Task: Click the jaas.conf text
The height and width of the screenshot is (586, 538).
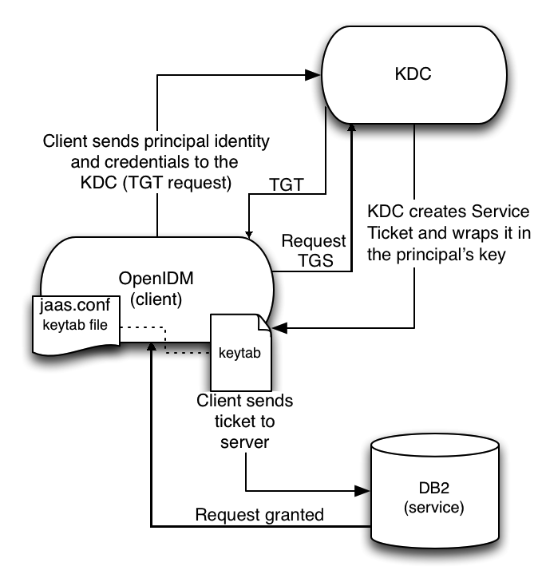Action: (77, 307)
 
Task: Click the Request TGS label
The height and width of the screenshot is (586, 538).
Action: (314, 250)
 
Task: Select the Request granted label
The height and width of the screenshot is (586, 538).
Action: (259, 515)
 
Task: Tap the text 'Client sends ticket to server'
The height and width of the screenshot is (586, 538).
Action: (247, 420)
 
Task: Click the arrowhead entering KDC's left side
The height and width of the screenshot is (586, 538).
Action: (312, 76)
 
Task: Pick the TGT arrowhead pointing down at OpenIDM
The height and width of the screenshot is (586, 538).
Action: (250, 233)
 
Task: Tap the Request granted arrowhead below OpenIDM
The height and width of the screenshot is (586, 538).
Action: (151, 352)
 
